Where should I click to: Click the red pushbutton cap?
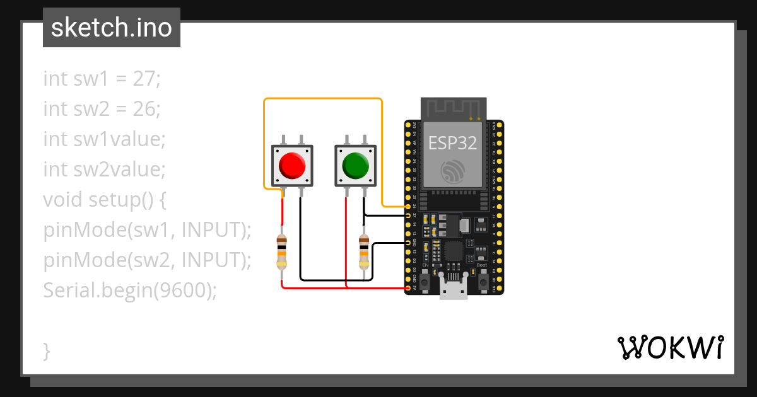[x=291, y=165]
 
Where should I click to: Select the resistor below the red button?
[x=282, y=251]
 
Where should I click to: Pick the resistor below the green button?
[x=364, y=251]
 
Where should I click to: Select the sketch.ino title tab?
[x=112, y=28]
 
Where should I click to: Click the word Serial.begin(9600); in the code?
[x=130, y=291]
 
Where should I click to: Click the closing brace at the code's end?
[x=47, y=350]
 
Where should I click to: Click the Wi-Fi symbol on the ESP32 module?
[x=454, y=171]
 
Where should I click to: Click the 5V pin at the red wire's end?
[x=408, y=288]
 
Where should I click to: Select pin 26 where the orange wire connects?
[x=408, y=207]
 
